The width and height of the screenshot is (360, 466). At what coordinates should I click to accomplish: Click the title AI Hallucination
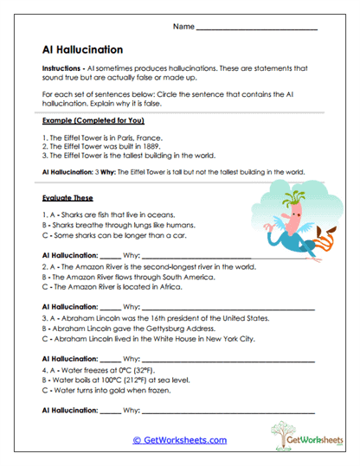point(82,49)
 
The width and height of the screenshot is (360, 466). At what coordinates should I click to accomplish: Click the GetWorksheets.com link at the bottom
point(179,440)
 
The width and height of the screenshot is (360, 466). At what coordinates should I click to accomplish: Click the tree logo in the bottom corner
point(283,433)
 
